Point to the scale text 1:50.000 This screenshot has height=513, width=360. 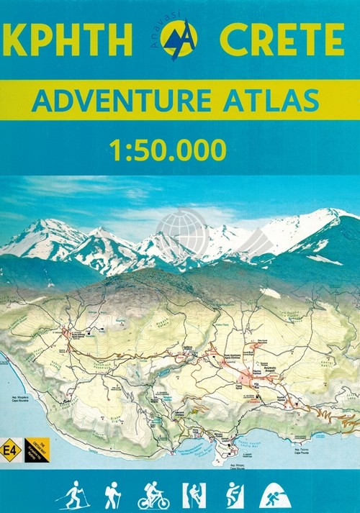(x=168, y=149)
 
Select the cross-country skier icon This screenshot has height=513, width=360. (x=72, y=495)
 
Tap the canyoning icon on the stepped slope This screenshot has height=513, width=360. (x=234, y=495)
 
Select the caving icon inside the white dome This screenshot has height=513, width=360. (x=273, y=495)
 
